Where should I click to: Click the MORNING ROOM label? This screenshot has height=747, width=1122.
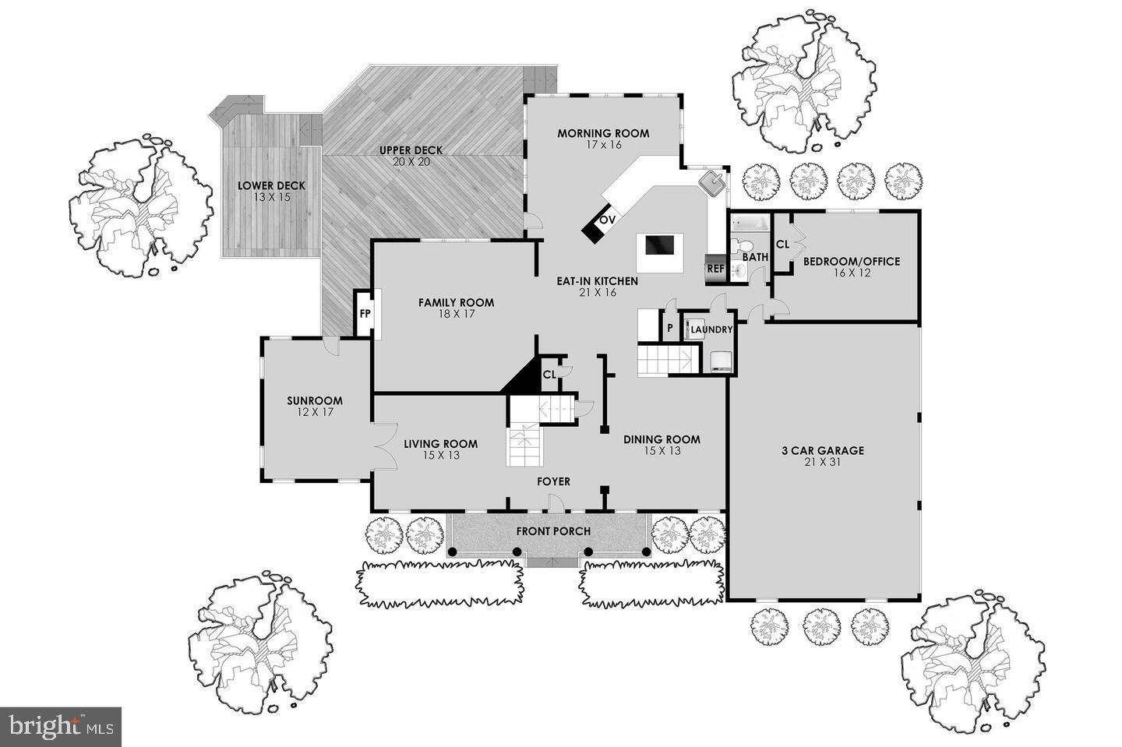coord(602,133)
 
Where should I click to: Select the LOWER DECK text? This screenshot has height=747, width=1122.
coord(271,185)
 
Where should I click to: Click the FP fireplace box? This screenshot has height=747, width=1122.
coord(364,314)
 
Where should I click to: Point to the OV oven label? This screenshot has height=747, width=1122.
coord(607,220)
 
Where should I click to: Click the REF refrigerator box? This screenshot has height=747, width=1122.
coord(714,270)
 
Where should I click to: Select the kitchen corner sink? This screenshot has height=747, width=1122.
coord(711,185)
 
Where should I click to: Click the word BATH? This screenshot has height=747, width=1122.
coord(754,256)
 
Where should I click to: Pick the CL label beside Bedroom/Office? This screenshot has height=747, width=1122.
coord(783,244)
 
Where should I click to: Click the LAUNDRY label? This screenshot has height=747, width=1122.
coord(711,329)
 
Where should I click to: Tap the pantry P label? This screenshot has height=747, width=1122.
coord(669,329)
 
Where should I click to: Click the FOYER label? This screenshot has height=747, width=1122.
coord(553,481)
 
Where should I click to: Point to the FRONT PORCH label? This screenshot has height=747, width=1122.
coord(553,531)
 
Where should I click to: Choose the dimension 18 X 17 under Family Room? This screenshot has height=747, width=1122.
coord(456,314)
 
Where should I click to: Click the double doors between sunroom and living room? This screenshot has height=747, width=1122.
coord(382,447)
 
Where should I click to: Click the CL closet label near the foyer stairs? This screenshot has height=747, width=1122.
coord(549,375)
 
